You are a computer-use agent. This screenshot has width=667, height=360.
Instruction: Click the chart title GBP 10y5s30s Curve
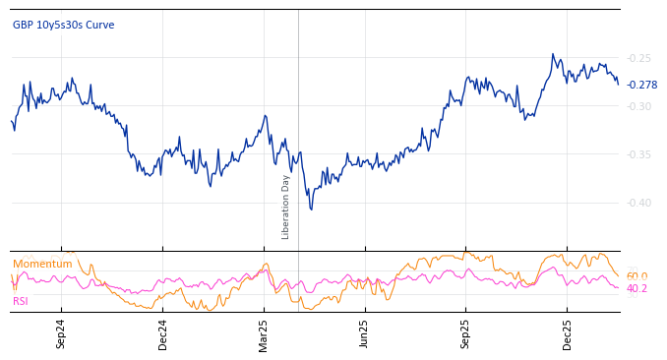(63, 26)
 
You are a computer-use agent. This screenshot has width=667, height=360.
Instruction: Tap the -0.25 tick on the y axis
(638, 58)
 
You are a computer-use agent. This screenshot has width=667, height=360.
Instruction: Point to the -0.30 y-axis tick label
(638, 106)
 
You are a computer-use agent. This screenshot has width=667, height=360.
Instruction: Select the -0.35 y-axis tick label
(638, 154)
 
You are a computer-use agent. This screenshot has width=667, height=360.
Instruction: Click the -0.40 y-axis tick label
(638, 203)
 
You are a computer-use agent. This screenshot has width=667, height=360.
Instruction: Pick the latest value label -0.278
(641, 86)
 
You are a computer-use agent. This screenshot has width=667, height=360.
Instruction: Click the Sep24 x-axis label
(61, 333)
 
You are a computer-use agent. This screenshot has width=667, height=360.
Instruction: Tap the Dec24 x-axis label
(163, 333)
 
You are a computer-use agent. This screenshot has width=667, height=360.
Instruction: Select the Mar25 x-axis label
(264, 333)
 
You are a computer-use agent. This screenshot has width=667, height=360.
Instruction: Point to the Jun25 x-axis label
(365, 333)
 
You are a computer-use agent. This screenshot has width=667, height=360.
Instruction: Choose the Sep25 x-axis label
(466, 333)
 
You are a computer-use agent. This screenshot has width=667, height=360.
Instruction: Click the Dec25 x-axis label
(568, 333)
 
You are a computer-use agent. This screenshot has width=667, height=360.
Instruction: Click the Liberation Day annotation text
(286, 207)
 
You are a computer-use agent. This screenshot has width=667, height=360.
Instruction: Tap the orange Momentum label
(42, 265)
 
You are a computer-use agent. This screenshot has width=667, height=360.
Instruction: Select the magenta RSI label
(20, 301)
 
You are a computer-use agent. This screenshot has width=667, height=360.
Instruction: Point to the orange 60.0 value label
(637, 276)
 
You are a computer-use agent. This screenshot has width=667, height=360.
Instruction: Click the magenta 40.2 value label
(637, 289)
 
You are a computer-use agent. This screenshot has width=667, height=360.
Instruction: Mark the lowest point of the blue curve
(311, 210)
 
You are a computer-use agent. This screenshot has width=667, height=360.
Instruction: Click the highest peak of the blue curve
(553, 54)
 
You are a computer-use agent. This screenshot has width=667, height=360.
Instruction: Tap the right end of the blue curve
(619, 85)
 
